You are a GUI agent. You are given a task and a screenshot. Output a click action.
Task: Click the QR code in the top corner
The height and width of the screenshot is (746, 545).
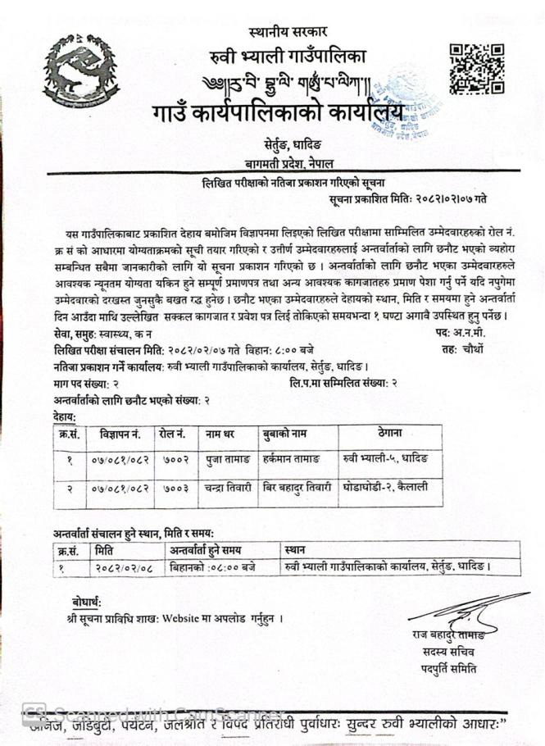476,69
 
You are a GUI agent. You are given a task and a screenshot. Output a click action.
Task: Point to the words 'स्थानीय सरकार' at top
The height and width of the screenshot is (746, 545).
288,31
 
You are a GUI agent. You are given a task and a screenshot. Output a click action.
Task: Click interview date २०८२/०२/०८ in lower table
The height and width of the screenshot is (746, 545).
123,566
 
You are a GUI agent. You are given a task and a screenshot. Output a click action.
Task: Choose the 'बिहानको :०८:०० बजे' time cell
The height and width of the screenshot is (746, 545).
211,566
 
